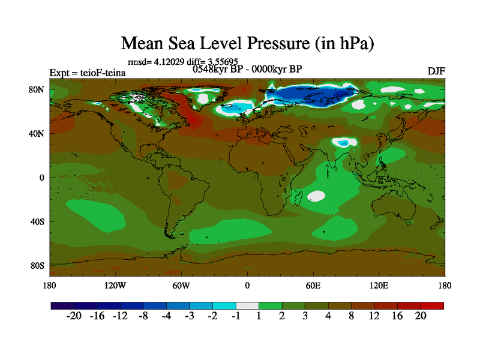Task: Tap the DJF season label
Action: pyautogui.click(x=436, y=71)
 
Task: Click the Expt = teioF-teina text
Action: pyautogui.click(x=88, y=73)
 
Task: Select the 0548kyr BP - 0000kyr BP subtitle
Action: pyautogui.click(x=247, y=69)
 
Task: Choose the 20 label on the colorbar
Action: pyautogui.click(x=421, y=316)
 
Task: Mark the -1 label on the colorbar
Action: pyautogui.click(x=236, y=316)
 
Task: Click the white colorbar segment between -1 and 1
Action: pyautogui.click(x=247, y=305)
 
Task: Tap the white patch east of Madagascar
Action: pyautogui.click(x=316, y=196)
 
